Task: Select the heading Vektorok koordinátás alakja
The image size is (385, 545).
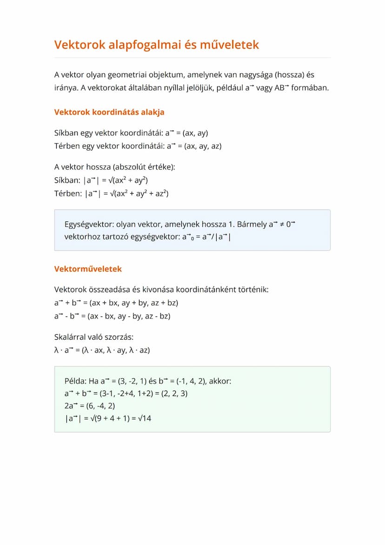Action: click(x=109, y=112)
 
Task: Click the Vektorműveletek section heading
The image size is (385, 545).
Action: click(x=88, y=269)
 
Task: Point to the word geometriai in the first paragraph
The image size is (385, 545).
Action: click(x=126, y=74)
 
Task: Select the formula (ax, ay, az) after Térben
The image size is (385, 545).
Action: click(x=203, y=146)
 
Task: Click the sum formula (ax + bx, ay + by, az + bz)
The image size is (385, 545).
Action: click(x=134, y=303)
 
